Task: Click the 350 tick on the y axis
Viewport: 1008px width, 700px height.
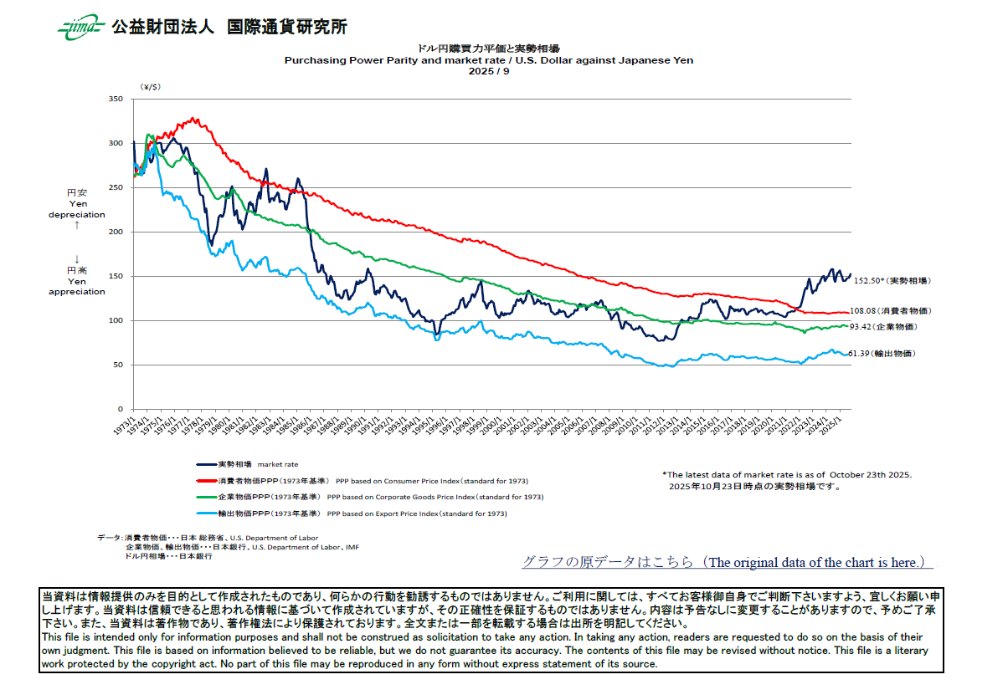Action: (x=116, y=100)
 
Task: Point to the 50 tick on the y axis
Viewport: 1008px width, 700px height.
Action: (x=119, y=365)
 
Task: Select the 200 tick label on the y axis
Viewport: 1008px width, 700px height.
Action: (x=116, y=232)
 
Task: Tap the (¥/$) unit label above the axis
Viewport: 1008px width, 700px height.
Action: (x=152, y=87)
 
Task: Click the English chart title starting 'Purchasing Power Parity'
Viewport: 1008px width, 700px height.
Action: (x=488, y=60)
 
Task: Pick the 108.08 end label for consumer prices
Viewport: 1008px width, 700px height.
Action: (x=891, y=311)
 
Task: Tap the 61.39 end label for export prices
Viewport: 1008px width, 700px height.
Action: (x=887, y=354)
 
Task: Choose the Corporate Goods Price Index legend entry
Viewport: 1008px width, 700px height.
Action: (x=369, y=497)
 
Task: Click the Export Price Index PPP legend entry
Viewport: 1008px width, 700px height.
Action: (x=352, y=513)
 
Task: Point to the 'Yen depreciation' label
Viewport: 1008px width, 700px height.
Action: (x=76, y=209)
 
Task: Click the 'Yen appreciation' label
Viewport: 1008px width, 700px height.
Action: (x=76, y=287)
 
